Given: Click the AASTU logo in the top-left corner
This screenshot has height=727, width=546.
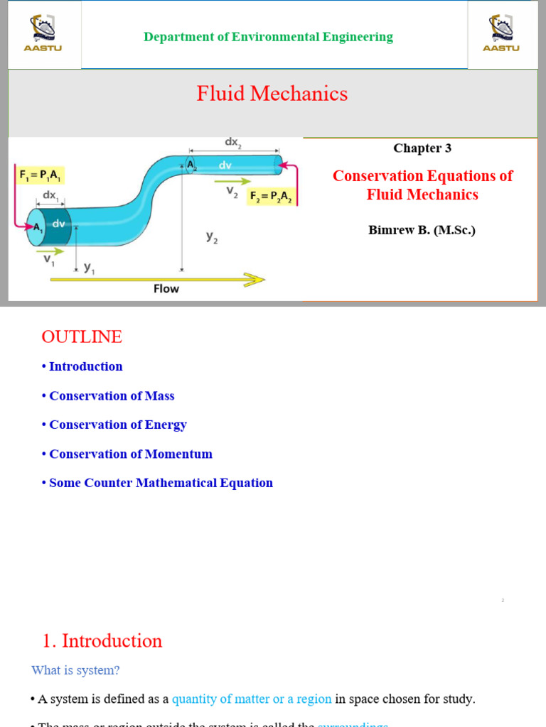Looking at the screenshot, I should point(44,33).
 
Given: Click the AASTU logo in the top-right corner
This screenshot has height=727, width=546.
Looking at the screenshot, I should point(501,33).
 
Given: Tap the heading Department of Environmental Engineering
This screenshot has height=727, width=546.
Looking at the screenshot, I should point(268,37).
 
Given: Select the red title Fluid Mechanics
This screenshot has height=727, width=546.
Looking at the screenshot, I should point(272,94).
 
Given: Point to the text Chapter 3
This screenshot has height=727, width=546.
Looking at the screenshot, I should point(422,148).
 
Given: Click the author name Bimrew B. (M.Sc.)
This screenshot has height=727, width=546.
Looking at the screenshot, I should point(422,230).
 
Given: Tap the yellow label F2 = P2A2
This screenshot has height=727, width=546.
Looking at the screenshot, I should point(270,197).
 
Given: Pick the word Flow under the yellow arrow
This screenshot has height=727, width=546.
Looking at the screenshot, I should point(166,289).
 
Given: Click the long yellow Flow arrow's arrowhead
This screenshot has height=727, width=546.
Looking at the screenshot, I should point(255,279).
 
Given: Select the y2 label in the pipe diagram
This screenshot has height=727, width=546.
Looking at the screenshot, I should point(212,239).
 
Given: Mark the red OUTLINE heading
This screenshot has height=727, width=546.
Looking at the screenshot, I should point(82,337).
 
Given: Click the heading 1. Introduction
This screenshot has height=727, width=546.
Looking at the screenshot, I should point(102,640).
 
